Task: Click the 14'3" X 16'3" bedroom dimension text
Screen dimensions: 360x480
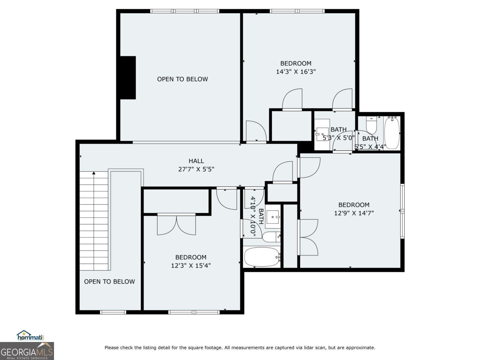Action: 296,72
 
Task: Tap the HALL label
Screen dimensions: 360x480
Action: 196,161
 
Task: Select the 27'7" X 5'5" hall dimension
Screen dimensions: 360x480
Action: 196,169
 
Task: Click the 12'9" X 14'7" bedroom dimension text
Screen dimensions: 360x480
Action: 354,213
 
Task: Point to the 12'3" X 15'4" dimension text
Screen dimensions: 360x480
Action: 191,265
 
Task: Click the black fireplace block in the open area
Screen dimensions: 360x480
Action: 127,78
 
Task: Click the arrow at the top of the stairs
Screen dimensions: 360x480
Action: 94,173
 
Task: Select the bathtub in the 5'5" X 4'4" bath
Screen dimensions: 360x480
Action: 392,132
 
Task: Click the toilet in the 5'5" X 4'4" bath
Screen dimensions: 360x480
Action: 371,126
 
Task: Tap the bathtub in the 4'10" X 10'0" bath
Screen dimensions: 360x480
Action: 262,257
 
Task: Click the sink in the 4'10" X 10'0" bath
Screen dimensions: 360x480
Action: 273,217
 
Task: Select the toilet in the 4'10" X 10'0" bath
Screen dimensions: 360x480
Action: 271,237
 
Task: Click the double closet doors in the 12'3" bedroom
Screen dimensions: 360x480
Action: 176,224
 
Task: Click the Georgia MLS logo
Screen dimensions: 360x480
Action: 27,351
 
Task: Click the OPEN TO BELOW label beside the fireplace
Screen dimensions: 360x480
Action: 182,79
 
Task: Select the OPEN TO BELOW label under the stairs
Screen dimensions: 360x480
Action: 109,282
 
